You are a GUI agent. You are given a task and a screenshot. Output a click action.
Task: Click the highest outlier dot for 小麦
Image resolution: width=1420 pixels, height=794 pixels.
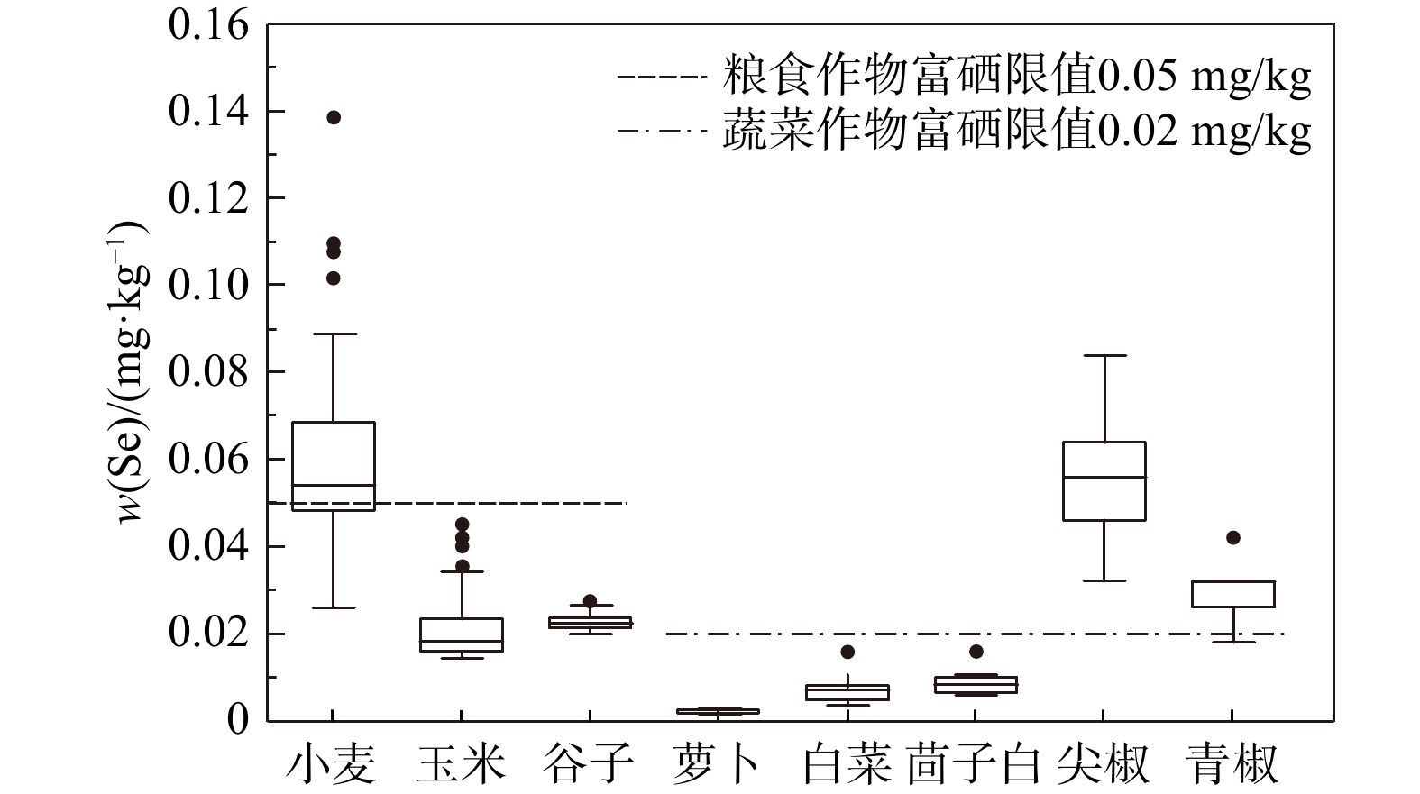coord(334,117)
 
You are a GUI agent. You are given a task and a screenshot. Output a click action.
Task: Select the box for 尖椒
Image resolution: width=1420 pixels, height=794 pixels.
coord(1104,480)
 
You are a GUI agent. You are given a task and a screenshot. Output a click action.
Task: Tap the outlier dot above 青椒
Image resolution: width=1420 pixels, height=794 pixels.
coord(1233,538)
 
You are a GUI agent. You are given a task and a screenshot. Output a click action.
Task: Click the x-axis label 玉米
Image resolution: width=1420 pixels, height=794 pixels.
coord(461,763)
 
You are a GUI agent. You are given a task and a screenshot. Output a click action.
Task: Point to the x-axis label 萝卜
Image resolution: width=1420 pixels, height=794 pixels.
coord(718,763)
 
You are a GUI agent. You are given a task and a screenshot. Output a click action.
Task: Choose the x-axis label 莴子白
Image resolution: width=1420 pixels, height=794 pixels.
coord(975,763)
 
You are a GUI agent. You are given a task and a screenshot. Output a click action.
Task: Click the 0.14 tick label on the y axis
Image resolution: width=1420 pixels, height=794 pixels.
coord(208,112)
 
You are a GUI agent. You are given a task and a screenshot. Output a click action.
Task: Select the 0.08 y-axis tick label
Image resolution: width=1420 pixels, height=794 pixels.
coord(208,372)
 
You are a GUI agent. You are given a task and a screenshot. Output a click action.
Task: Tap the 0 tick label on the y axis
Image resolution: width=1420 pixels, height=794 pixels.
coord(237,720)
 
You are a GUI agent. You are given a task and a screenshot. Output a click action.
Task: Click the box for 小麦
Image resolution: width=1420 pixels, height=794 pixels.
coord(334,465)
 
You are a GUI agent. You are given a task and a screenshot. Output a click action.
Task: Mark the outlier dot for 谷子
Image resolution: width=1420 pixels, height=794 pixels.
coord(590,601)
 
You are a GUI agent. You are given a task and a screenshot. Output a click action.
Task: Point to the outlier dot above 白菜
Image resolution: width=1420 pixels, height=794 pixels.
coord(847,652)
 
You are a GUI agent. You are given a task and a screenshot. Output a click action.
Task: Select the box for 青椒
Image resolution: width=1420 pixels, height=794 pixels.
coord(1233,594)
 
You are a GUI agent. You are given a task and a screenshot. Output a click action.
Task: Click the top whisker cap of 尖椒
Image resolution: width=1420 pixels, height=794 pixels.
coord(1104,356)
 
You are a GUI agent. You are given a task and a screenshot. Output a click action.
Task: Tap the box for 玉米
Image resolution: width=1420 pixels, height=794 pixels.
coord(462,634)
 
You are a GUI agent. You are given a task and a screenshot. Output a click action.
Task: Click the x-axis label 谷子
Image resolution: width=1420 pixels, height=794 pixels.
coord(590,763)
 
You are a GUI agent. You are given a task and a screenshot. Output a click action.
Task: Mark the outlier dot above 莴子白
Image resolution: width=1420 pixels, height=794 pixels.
coord(976,652)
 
